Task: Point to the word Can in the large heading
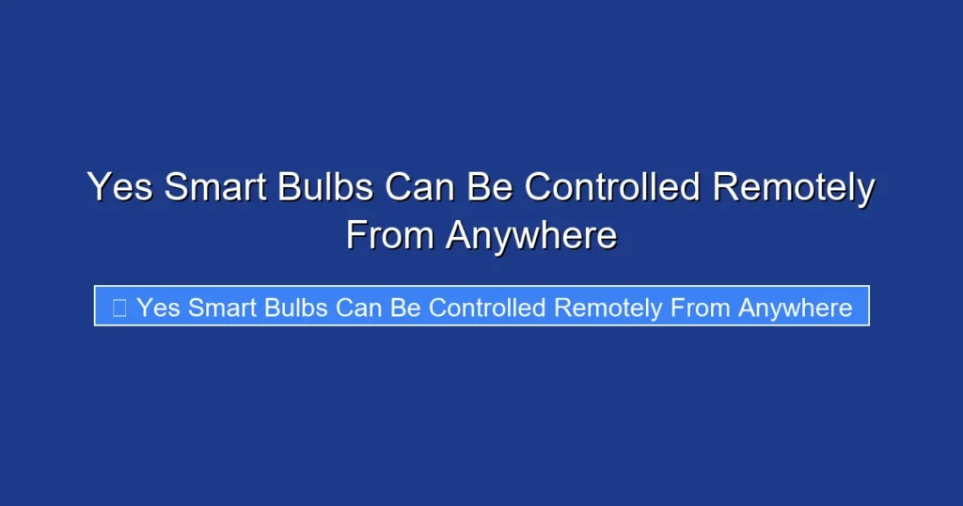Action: tap(419, 187)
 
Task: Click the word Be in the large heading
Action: tap(491, 187)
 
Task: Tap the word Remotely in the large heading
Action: tap(794, 187)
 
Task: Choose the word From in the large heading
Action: tap(390, 235)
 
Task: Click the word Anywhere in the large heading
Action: tap(531, 235)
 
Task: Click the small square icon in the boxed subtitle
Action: tap(119, 308)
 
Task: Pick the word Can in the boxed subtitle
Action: tap(359, 308)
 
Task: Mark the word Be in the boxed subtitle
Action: tap(406, 308)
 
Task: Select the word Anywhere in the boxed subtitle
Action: tap(796, 308)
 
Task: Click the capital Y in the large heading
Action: tap(99, 187)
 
